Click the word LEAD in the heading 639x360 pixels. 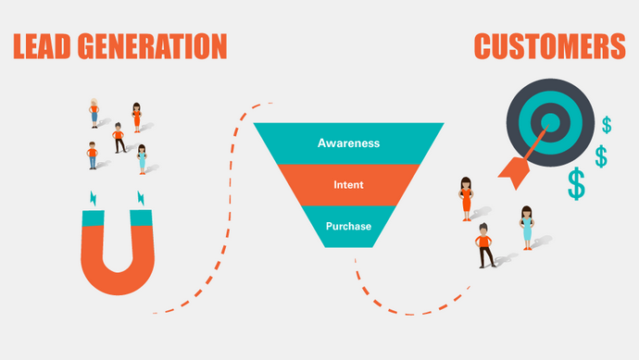tap(42, 46)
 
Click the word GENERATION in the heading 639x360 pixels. tap(153, 46)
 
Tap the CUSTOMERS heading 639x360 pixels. tap(550, 46)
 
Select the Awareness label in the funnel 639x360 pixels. tap(348, 143)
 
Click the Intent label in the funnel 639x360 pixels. tap(348, 185)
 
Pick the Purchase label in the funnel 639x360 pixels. tap(348, 227)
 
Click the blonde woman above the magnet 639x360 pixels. tap(94, 113)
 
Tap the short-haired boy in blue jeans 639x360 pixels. tap(92, 155)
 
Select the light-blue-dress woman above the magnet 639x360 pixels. tap(142, 159)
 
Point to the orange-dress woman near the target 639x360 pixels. tap(466, 199)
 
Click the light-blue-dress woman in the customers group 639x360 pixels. tap(527, 228)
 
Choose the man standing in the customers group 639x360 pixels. tap(484, 245)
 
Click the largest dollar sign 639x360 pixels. tap(577, 183)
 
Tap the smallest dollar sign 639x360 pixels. tap(607, 125)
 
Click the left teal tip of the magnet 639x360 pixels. tap(93, 218)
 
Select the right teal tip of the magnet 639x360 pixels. tap(141, 217)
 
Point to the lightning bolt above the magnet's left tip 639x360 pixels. tap(94, 198)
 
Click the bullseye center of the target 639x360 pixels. tap(550, 122)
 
